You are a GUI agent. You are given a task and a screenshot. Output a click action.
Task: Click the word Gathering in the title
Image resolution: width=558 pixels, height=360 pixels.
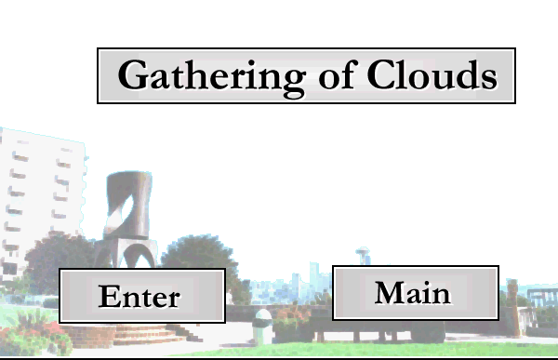click(x=211, y=77)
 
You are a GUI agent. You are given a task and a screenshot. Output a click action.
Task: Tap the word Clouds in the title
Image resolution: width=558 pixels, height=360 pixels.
click(x=432, y=74)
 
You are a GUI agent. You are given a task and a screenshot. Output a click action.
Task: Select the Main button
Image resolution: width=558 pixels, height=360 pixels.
click(x=416, y=293)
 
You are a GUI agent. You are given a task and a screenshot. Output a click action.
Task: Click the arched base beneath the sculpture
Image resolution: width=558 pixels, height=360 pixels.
click(x=126, y=254)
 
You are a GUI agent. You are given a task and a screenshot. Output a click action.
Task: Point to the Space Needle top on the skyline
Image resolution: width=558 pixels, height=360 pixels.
click(x=363, y=252)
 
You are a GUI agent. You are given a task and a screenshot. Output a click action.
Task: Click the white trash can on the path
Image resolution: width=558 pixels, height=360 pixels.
click(x=263, y=327)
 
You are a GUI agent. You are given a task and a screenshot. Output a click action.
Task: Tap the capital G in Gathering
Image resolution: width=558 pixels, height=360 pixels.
click(x=132, y=74)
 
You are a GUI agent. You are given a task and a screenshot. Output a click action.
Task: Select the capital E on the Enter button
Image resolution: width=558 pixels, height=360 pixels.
click(x=108, y=296)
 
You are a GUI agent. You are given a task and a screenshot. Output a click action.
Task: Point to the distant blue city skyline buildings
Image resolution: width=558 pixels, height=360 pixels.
click(x=292, y=285)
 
